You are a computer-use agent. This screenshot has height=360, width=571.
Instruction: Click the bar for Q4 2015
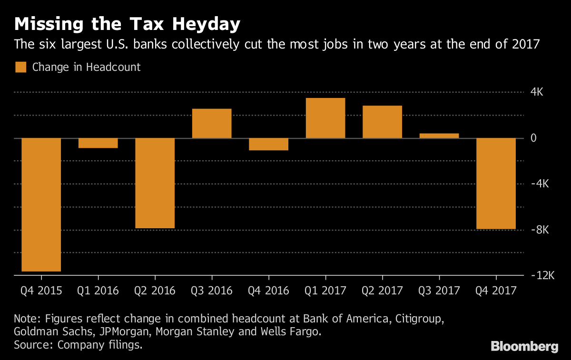[x=41, y=204]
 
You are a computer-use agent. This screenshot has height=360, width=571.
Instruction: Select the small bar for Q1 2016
[x=98, y=143]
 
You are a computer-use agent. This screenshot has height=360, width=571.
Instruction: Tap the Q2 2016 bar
[x=155, y=183]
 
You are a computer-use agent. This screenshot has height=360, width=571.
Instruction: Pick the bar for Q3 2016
[x=212, y=124]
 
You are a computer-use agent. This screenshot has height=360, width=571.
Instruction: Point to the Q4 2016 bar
[x=268, y=144]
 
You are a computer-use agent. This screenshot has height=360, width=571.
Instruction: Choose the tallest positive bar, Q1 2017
[x=325, y=118]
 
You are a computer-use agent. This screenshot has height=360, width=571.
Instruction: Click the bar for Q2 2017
[x=382, y=122]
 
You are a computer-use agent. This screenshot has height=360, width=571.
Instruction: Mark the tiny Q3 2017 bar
[x=439, y=136]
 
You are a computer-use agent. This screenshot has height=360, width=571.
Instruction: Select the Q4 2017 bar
[x=496, y=184]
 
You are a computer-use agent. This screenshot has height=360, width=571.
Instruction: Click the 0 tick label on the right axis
[x=533, y=138]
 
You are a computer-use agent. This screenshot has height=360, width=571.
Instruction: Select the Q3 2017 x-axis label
[x=439, y=291]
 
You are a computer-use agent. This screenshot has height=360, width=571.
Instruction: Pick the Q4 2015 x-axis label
[x=41, y=291]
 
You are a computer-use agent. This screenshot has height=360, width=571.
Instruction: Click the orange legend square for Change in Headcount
[x=21, y=67]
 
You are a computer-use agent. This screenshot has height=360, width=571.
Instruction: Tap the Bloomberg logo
[x=524, y=346]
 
